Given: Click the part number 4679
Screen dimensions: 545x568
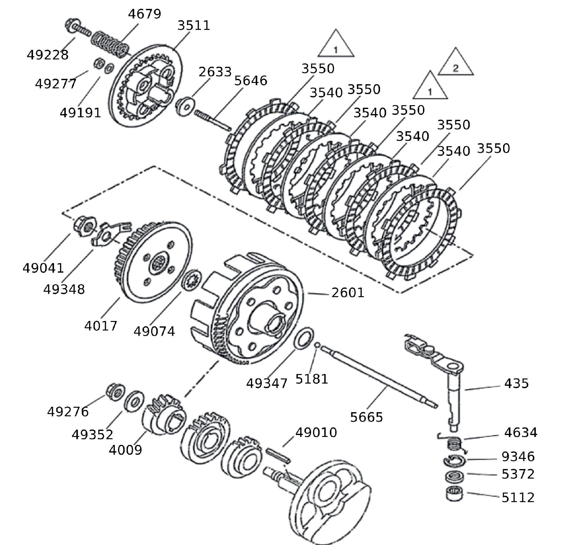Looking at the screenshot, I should [144, 14].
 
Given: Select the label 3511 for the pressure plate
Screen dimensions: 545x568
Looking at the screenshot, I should [194, 25].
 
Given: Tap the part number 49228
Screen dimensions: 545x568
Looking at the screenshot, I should [48, 55].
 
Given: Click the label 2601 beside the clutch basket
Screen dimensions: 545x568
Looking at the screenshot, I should [348, 293].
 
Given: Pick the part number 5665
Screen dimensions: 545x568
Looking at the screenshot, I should [366, 417].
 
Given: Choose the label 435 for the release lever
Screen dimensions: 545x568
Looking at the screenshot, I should [516, 384].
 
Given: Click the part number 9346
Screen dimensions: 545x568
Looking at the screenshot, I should [518, 457].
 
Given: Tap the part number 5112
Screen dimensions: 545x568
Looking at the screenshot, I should [518, 497].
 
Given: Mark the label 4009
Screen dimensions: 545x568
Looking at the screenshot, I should [125, 450].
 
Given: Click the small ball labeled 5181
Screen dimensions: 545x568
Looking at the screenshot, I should [317, 345].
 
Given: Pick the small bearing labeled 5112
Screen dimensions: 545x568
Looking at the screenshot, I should [454, 494].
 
